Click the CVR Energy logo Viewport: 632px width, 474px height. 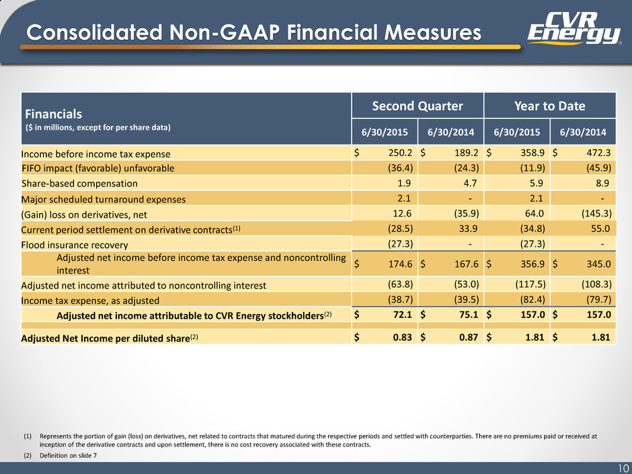tap(574, 28)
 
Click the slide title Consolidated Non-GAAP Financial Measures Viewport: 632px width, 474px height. tap(253, 33)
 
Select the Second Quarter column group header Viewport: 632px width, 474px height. tap(417, 106)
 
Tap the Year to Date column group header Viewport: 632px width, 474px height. tap(550, 106)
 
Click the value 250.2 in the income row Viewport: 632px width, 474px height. tap(400, 153)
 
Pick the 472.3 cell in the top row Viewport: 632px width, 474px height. tap(598, 153)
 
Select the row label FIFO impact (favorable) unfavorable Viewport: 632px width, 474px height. tap(98, 168)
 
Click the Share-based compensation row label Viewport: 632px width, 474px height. tap(79, 184)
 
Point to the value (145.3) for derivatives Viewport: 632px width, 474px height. tap(596, 213)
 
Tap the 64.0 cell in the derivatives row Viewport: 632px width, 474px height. tap(535, 213)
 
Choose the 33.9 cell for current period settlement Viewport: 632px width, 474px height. tap(469, 229)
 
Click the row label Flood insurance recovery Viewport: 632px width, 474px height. tap(75, 245)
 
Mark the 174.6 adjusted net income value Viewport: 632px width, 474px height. tap(400, 264)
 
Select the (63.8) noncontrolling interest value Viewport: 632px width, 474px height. tap(400, 284)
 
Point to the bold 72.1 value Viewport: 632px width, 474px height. tap(402, 315)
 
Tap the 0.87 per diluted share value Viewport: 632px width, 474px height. tap(469, 337)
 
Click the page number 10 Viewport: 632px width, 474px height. tap(624, 468)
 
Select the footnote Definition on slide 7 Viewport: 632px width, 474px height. tap(68, 455)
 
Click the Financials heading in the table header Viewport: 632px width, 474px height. tap(54, 114)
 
